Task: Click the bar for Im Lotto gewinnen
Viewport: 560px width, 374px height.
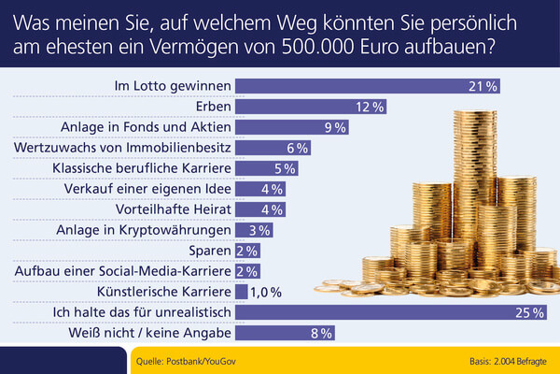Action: click(x=369, y=86)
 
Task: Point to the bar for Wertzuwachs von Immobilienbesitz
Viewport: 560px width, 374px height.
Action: click(x=273, y=148)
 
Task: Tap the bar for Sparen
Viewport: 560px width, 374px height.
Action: click(x=247, y=250)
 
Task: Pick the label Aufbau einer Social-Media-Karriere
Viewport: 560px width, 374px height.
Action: click(x=124, y=270)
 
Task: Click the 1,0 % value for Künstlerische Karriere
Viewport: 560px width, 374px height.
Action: click(x=267, y=291)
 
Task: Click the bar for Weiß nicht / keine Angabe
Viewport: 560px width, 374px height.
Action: click(x=285, y=332)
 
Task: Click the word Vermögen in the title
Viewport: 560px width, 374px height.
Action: click(x=217, y=44)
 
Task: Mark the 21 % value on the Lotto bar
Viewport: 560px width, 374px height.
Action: click(x=485, y=86)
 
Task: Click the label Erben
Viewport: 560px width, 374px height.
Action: click(x=210, y=107)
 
